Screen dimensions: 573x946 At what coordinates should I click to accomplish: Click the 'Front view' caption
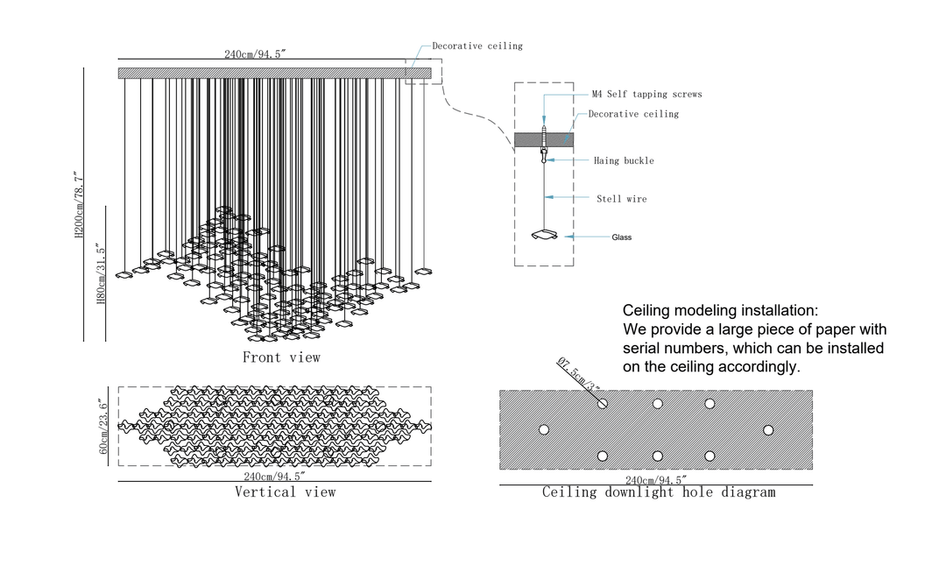tap(281, 357)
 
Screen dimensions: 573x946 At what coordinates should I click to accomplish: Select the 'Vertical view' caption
tap(285, 492)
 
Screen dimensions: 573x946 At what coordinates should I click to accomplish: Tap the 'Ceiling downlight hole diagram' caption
tap(658, 492)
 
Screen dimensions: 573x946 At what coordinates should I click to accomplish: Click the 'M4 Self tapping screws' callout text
tap(646, 95)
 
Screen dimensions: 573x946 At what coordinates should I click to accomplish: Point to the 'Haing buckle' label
tap(624, 161)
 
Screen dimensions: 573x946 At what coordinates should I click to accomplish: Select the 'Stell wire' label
tap(622, 200)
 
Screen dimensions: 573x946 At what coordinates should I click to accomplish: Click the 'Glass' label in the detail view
tap(622, 237)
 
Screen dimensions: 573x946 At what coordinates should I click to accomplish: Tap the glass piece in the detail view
tap(545, 235)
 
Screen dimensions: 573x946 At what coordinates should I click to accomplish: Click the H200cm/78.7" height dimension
tap(78, 205)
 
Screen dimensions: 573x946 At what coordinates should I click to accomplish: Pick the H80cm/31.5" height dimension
tap(100, 275)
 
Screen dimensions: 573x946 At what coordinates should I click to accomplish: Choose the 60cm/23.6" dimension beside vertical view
tap(103, 427)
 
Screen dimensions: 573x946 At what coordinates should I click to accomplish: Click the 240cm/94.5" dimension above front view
tap(255, 54)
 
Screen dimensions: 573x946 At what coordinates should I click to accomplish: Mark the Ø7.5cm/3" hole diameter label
tap(579, 376)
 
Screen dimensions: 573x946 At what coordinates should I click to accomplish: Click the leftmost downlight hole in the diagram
tap(544, 430)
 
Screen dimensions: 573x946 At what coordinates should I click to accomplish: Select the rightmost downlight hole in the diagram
tap(768, 430)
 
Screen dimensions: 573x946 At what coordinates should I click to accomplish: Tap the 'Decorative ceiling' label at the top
tap(477, 46)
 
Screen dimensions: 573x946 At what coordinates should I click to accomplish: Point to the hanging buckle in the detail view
tap(545, 156)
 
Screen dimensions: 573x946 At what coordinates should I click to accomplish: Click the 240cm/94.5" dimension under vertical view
tap(274, 477)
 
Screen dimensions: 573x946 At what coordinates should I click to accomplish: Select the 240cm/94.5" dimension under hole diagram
tap(655, 479)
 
